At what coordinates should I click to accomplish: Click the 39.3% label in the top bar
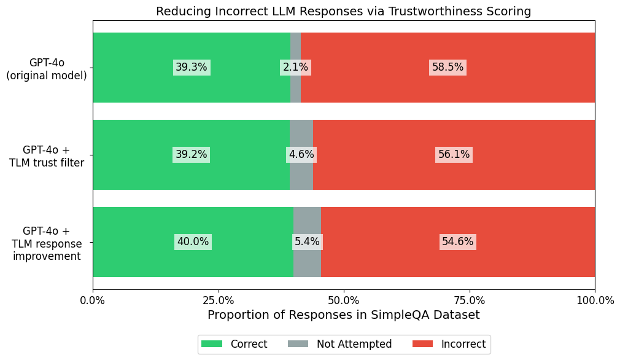pyautogui.click(x=192, y=68)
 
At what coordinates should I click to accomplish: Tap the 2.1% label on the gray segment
pyautogui.click(x=295, y=68)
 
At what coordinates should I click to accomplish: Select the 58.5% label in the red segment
pyautogui.click(x=448, y=68)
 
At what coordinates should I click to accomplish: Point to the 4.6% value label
pyautogui.click(x=301, y=155)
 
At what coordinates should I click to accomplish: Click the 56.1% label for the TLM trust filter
pyautogui.click(x=454, y=155)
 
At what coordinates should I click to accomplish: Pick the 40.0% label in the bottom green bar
pyautogui.click(x=193, y=242)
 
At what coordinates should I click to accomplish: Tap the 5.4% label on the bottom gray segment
pyautogui.click(x=307, y=242)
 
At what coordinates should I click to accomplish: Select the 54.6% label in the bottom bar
pyautogui.click(x=458, y=242)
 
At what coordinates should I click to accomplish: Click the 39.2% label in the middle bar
pyautogui.click(x=192, y=155)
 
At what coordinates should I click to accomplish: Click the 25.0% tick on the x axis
pyautogui.click(x=218, y=300)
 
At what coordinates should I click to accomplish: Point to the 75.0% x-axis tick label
pyautogui.click(x=469, y=300)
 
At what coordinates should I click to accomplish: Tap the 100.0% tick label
pyautogui.click(x=594, y=300)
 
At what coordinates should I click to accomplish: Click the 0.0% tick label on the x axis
pyautogui.click(x=93, y=300)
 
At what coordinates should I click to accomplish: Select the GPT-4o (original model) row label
pyautogui.click(x=47, y=69)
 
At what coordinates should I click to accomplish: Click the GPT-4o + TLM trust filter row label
pyautogui.click(x=47, y=156)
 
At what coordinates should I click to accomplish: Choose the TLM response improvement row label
pyautogui.click(x=47, y=243)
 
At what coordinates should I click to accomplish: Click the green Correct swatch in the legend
pyautogui.click(x=212, y=344)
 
